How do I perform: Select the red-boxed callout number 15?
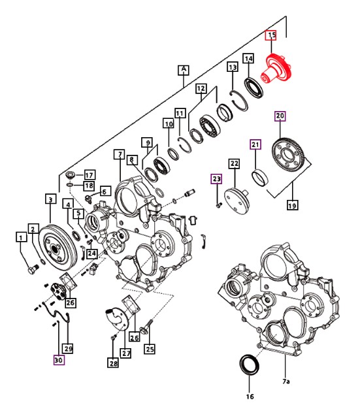(271, 35)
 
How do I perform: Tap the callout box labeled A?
(184, 70)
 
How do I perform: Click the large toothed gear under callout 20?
(289, 155)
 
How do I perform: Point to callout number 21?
(255, 144)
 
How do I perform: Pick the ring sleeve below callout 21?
(260, 177)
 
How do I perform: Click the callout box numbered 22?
(234, 164)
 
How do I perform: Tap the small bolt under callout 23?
(219, 205)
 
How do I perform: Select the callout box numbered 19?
(293, 205)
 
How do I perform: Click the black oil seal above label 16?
(249, 365)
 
